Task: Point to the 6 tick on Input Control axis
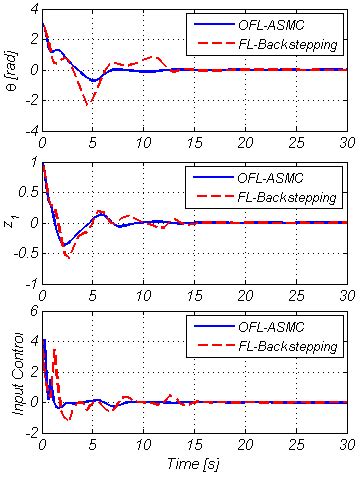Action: (x=33, y=312)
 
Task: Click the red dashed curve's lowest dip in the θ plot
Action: (x=89, y=104)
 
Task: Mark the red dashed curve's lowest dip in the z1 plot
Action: (x=68, y=258)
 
